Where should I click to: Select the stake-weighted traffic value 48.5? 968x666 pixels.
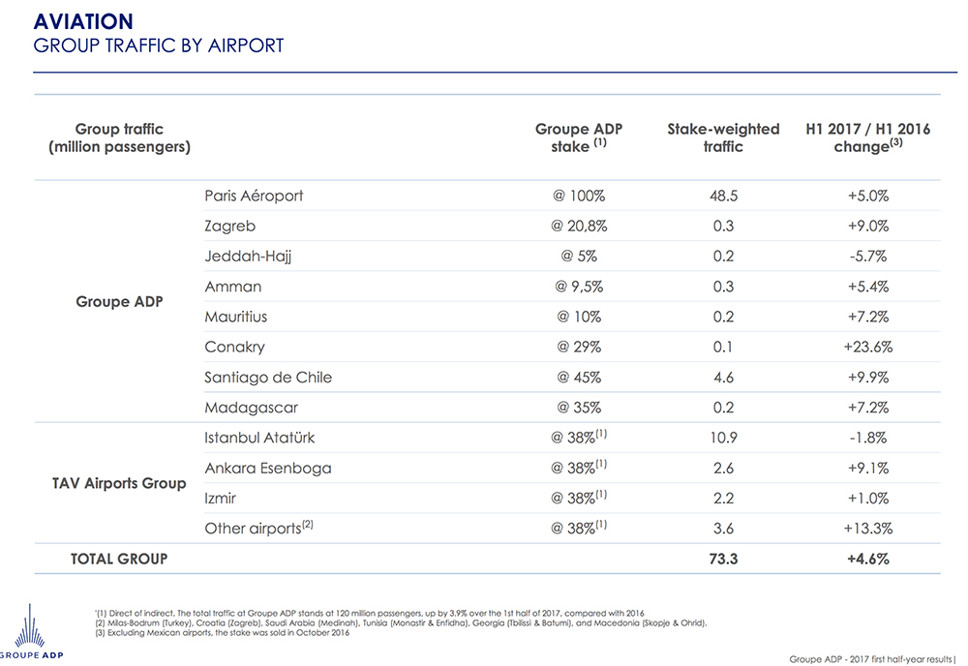point(723,196)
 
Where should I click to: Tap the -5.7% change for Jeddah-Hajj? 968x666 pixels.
point(867,257)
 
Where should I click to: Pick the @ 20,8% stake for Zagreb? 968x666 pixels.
point(579,226)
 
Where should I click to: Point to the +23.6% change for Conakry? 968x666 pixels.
point(867,347)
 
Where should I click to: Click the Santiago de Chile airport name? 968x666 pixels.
point(268,378)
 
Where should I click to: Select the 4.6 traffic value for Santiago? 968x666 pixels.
point(723,378)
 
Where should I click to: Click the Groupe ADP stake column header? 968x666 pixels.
point(579,137)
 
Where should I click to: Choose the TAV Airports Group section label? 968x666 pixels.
point(119,483)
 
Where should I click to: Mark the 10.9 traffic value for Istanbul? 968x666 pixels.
point(723,438)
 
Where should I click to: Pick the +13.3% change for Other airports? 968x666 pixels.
point(867,529)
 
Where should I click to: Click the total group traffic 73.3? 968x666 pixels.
point(723,559)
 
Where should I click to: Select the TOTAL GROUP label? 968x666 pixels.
point(119,559)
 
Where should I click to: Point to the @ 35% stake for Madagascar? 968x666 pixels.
point(579,408)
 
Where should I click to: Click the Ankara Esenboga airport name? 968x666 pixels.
point(268,469)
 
